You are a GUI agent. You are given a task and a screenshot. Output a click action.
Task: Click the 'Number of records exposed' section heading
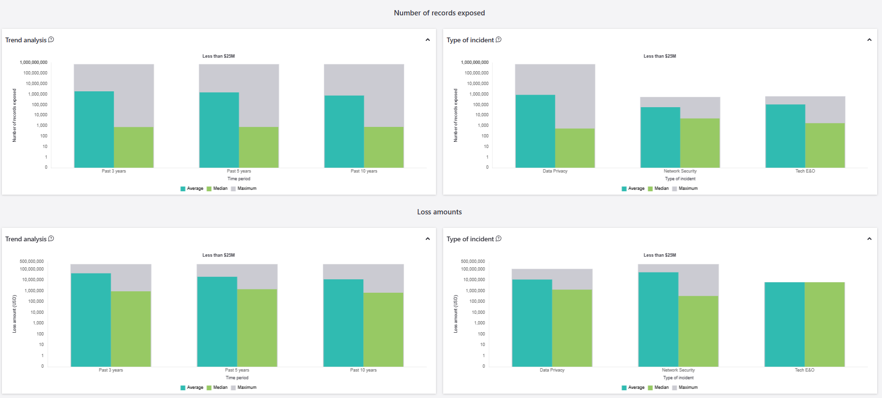[439, 13]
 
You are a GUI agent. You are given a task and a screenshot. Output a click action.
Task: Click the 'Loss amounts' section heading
[439, 212]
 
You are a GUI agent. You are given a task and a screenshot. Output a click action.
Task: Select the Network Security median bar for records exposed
[700, 143]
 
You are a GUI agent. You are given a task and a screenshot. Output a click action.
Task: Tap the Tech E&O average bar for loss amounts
[784, 324]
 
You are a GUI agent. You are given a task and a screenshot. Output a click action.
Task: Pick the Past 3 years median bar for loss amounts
[131, 329]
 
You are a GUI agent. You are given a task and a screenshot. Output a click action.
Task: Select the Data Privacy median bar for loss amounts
[572, 328]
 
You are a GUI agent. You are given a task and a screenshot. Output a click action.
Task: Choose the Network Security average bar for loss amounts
[658, 320]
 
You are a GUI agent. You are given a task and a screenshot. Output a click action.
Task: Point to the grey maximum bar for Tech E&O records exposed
[825, 110]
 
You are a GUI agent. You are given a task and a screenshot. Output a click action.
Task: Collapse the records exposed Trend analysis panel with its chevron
[428, 40]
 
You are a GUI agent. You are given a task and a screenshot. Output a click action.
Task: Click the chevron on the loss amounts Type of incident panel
[869, 239]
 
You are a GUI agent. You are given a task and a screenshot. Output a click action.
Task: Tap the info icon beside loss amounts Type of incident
[499, 238]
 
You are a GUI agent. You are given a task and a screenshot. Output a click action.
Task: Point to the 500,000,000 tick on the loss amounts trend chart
[32, 261]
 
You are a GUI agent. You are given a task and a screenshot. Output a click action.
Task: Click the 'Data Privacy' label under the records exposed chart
[555, 171]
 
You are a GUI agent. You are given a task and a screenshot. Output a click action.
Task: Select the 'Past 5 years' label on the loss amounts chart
[237, 370]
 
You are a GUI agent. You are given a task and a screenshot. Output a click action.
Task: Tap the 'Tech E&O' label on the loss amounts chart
[805, 370]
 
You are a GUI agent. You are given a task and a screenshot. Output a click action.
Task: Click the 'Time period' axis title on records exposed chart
[239, 179]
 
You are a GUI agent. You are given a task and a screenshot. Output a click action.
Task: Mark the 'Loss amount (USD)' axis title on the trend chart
[14, 314]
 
